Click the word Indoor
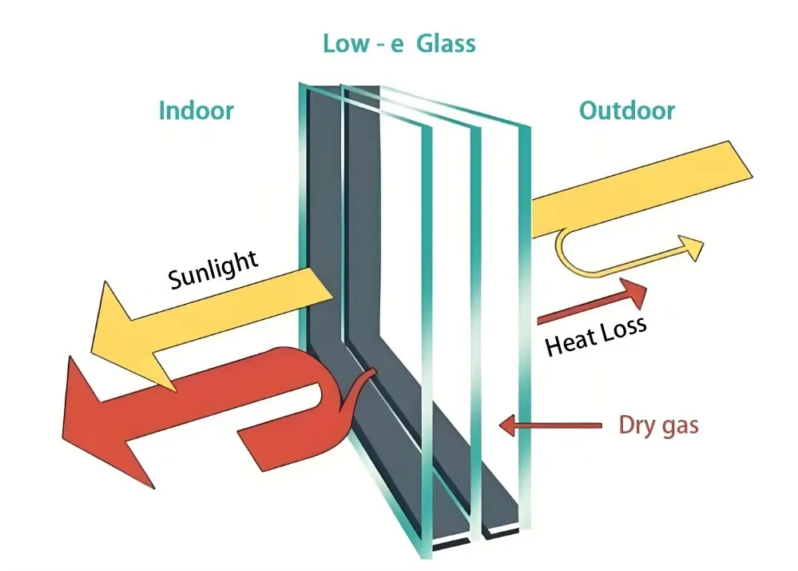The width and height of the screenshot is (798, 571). click(197, 110)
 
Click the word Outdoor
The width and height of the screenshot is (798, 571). click(627, 110)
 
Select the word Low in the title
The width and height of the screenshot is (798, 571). click(343, 43)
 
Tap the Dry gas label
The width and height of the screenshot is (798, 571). click(658, 425)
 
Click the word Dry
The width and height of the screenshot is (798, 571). click(637, 425)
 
